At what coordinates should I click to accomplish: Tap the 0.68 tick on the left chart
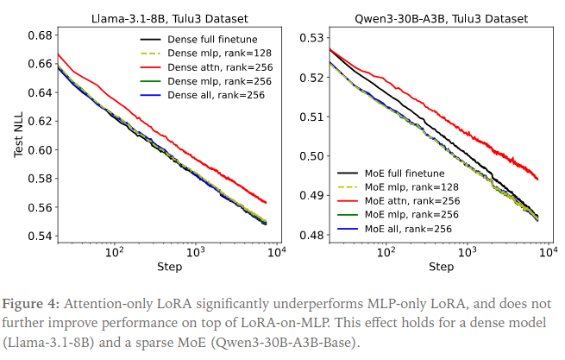(x=40, y=36)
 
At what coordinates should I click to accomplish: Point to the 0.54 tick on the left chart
(x=40, y=235)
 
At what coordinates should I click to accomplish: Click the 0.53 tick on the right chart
(x=311, y=37)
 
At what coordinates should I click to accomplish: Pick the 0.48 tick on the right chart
(x=311, y=235)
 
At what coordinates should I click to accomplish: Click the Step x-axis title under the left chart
(x=169, y=267)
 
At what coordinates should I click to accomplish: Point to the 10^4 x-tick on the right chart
(x=549, y=251)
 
